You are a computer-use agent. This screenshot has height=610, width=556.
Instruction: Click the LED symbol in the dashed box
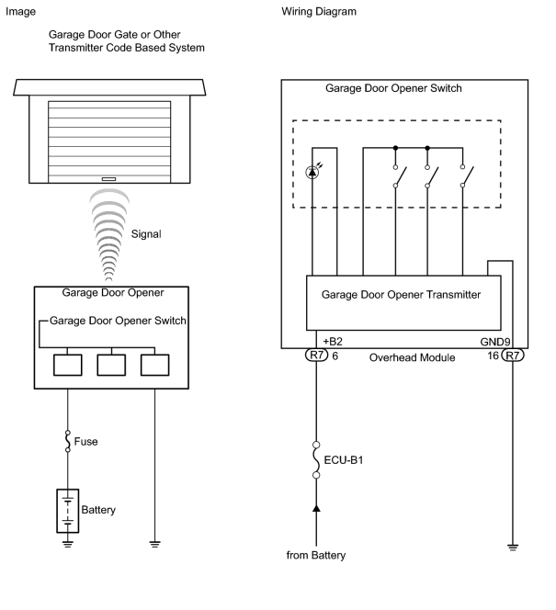click(x=312, y=172)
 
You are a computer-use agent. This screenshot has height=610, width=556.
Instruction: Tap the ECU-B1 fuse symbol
click(x=316, y=460)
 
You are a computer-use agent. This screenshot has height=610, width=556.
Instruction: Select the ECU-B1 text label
click(x=344, y=460)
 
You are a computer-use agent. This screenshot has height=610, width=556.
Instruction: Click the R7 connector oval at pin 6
click(x=317, y=356)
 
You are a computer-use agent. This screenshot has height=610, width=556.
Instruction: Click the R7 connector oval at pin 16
click(x=513, y=356)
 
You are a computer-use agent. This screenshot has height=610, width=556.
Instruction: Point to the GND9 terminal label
click(x=495, y=342)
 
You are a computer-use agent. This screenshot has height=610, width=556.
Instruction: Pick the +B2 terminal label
click(x=333, y=342)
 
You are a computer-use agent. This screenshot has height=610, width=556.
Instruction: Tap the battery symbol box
click(x=68, y=511)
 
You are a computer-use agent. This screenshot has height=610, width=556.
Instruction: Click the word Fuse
click(x=85, y=442)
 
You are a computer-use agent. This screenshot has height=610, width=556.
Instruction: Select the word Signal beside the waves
click(x=146, y=234)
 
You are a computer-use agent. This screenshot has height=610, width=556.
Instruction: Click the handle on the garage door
click(x=109, y=179)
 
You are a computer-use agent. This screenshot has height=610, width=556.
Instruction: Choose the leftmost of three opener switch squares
click(x=68, y=365)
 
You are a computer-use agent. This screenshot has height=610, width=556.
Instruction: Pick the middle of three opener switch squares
click(x=111, y=365)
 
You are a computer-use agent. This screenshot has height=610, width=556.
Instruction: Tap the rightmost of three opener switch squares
click(x=155, y=365)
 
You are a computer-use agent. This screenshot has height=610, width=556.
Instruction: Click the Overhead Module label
click(x=412, y=357)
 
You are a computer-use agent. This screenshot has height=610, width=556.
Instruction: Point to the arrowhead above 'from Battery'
click(x=316, y=508)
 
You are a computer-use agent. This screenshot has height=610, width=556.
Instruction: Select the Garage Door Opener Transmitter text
click(x=401, y=295)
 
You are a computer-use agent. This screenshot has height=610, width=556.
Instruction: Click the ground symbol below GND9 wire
click(x=513, y=548)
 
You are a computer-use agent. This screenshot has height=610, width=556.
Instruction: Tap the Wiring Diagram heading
click(x=319, y=12)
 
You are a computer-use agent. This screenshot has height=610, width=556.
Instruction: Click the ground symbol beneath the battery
click(x=68, y=544)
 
